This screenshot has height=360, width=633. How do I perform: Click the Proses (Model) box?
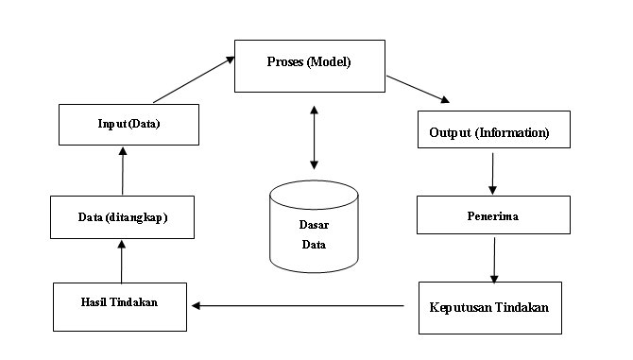coord(310,65)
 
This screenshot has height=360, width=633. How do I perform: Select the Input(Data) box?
coord(129,124)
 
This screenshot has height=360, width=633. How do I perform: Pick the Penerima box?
coord(493,215)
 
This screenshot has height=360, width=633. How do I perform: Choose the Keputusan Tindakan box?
coord(489,308)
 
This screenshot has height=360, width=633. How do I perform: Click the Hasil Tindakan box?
coord(119,306)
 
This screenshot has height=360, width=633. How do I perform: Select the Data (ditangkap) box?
coord(123,217)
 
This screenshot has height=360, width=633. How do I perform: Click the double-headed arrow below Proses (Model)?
coord(314,137)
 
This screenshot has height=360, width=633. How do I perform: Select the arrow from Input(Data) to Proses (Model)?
coord(194,79)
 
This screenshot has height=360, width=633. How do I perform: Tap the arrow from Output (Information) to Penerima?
coord(492,172)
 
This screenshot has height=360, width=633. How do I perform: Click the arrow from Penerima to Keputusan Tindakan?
coord(492,259)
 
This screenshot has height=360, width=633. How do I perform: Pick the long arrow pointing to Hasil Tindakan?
coord(298,305)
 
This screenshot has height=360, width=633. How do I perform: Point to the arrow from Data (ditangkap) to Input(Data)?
coord(121,170)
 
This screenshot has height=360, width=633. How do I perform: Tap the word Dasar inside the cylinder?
coord(314,225)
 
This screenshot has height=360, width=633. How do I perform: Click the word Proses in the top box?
coord(286,62)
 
